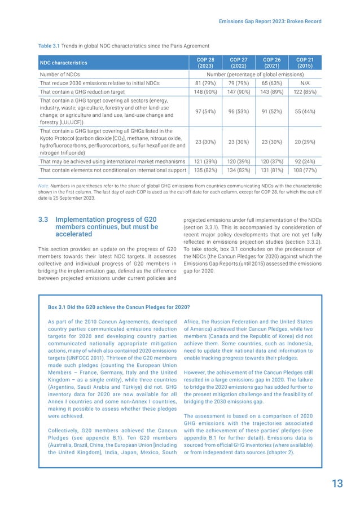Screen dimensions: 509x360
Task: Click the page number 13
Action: click(x=337, y=483)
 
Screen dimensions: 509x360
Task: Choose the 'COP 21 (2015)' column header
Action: click(x=305, y=62)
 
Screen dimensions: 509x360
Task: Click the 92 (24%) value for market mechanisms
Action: click(x=305, y=161)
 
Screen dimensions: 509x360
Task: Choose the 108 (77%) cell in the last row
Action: click(x=305, y=170)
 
